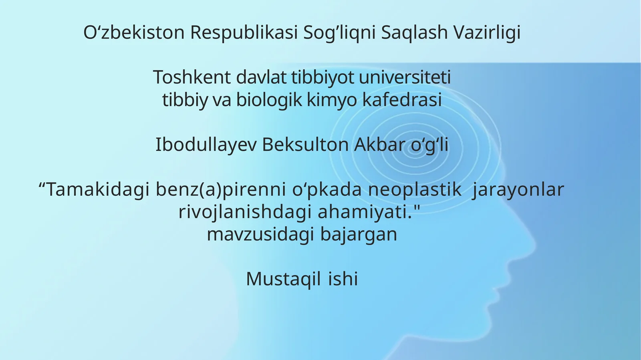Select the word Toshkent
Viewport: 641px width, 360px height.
pos(192,77)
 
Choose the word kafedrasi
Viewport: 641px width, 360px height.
pos(402,100)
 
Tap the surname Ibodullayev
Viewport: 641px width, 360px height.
pos(206,145)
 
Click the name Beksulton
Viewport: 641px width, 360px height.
pos(305,145)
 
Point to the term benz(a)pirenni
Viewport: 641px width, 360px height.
pos(221,189)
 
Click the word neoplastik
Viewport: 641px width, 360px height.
pos(415,189)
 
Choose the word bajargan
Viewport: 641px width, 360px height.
pos(359,234)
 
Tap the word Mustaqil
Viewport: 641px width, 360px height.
pos(283,279)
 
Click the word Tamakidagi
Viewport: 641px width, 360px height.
pos(94,189)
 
